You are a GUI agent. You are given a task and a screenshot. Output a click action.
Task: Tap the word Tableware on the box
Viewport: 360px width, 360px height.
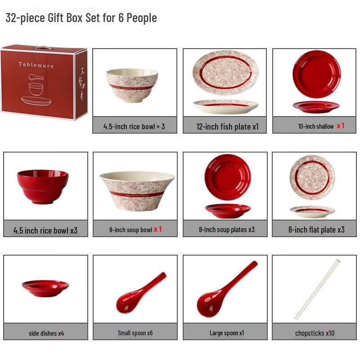click(x=36, y=65)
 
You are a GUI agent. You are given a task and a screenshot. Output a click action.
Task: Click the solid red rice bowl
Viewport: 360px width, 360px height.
click(x=43, y=186)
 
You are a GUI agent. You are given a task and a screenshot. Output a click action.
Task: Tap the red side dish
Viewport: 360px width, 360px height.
click(x=45, y=288)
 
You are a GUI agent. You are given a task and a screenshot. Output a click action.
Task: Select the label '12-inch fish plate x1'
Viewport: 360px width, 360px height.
click(x=227, y=126)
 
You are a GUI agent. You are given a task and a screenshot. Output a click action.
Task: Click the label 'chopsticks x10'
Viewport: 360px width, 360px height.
click(x=315, y=333)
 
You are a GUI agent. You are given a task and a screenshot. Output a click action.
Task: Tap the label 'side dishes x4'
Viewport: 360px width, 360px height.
click(x=46, y=333)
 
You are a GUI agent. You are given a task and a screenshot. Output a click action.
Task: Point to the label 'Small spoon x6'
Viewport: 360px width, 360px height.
click(x=135, y=333)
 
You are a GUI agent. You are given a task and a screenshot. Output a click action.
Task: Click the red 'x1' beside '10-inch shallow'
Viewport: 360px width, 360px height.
click(x=341, y=126)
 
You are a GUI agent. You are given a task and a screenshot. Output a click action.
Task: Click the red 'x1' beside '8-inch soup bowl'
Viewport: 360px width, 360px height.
click(x=157, y=229)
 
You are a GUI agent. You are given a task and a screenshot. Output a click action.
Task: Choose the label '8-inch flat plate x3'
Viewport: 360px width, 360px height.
click(x=316, y=229)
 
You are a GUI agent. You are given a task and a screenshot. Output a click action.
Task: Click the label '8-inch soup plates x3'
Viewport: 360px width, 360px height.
click(x=227, y=229)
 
